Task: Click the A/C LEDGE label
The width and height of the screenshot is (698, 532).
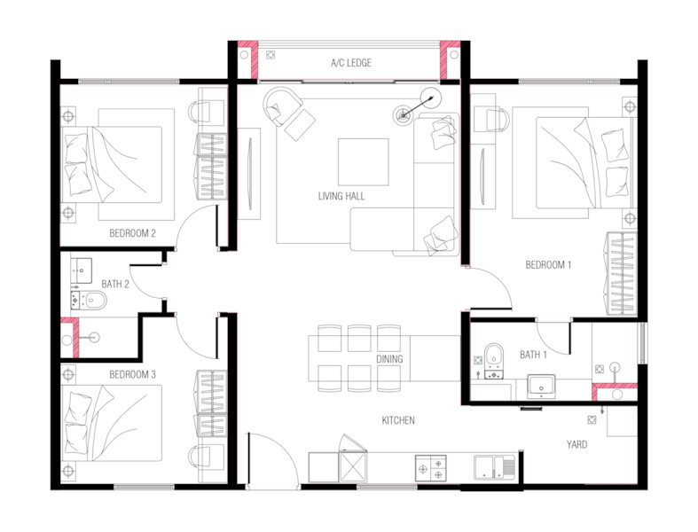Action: tap(351, 63)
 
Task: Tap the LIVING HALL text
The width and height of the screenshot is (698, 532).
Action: tap(341, 196)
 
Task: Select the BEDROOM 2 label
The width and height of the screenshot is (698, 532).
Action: tap(133, 233)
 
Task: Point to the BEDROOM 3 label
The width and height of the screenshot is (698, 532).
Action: tap(133, 375)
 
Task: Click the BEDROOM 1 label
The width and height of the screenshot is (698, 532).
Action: tap(548, 265)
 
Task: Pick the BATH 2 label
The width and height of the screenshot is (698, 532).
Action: tap(115, 284)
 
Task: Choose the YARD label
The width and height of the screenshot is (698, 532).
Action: tap(576, 444)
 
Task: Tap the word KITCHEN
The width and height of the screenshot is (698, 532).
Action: tap(398, 420)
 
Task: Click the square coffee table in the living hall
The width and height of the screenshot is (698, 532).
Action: tap(364, 162)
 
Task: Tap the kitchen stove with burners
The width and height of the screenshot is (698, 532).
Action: tap(431, 468)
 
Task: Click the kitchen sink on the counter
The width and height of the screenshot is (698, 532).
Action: tap(494, 467)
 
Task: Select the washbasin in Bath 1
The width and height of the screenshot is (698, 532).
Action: tap(541, 386)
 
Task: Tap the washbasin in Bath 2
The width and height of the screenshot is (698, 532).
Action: tap(82, 270)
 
